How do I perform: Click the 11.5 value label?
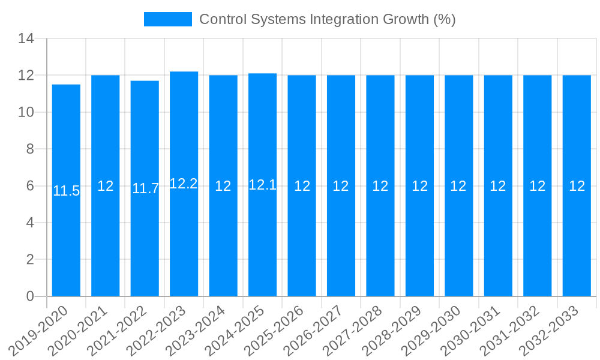pyautogui.click(x=66, y=191)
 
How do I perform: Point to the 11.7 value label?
pyautogui.click(x=145, y=188)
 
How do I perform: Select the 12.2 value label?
pyautogui.click(x=184, y=184)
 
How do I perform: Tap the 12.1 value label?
pyautogui.click(x=262, y=185)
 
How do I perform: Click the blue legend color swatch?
pyautogui.click(x=168, y=19)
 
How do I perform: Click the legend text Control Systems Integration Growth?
pyautogui.click(x=327, y=19)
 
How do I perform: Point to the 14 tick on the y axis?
pyautogui.click(x=26, y=39)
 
